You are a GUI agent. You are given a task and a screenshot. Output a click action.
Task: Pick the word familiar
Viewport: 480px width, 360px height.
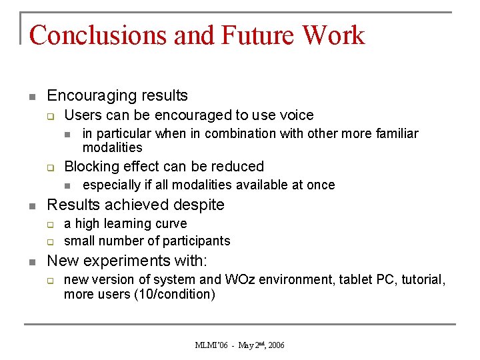point(393,134)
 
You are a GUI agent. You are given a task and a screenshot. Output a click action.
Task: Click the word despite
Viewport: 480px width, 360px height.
point(199,205)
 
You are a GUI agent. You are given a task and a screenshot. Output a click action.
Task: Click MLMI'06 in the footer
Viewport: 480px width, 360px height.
point(211,345)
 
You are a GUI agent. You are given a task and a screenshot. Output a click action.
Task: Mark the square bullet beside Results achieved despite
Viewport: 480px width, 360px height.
point(31,205)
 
